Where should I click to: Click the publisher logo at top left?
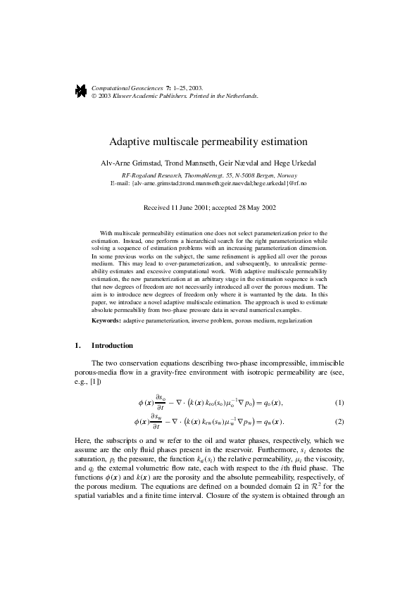[80, 90]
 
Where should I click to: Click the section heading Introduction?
[112, 347]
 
